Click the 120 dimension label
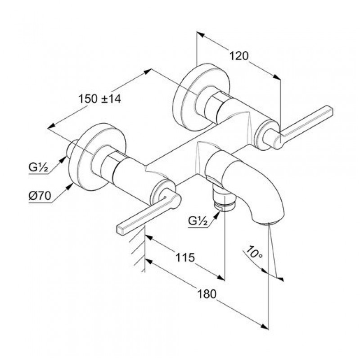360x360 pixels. pyautogui.click(x=239, y=56)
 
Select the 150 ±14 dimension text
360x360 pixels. pyautogui.click(x=99, y=99)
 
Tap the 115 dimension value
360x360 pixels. pyautogui.click(x=185, y=257)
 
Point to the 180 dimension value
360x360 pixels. pyautogui.click(x=207, y=294)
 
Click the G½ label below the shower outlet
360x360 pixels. pyautogui.click(x=198, y=221)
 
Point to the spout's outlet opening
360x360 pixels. pyautogui.click(x=268, y=223)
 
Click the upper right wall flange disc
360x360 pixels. pyautogui.click(x=201, y=97)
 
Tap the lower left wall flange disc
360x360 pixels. pyautogui.click(x=98, y=157)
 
